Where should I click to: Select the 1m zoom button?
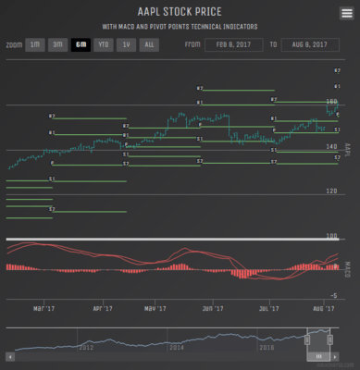click(x=34, y=44)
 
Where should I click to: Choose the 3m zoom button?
click(x=57, y=44)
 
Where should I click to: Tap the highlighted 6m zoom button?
click(x=81, y=44)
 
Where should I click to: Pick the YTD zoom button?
click(x=104, y=44)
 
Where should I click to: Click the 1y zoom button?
click(x=126, y=44)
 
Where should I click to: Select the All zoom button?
click(x=148, y=44)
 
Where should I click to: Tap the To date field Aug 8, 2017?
click(x=306, y=44)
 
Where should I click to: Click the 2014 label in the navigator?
click(x=176, y=347)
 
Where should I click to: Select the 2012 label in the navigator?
click(x=86, y=347)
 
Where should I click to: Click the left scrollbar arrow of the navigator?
click(x=9, y=355)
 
